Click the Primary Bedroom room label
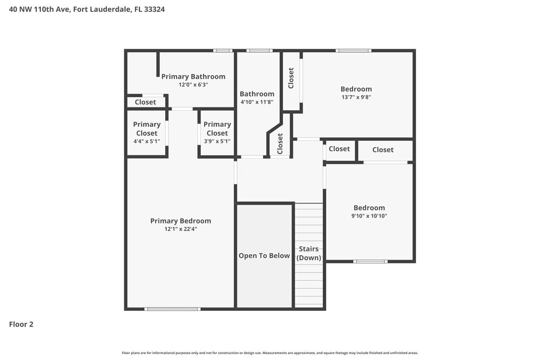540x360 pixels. [180, 221]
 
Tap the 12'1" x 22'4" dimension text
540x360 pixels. [180, 229]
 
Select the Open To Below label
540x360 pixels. [264, 256]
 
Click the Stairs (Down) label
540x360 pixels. [309, 253]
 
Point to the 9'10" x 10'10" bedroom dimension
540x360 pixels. [369, 216]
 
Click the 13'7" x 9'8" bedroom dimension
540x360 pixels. [356, 97]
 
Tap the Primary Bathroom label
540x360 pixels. [193, 77]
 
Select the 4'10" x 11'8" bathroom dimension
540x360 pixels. [257, 102]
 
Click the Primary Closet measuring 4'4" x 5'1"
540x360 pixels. [147, 132]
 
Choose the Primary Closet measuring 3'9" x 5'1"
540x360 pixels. [217, 132]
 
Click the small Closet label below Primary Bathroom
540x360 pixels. [145, 102]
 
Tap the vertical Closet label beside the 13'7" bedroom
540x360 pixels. [291, 78]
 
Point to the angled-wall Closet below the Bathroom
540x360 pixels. [280, 144]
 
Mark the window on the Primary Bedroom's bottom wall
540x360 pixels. [172, 309]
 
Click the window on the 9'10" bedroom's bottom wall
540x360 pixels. [370, 261]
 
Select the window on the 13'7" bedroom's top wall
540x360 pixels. [353, 51]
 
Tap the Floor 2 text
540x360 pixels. [22, 324]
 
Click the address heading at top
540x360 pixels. [87, 9]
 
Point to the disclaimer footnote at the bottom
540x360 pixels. [270, 353]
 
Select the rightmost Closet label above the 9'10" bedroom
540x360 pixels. [383, 150]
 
